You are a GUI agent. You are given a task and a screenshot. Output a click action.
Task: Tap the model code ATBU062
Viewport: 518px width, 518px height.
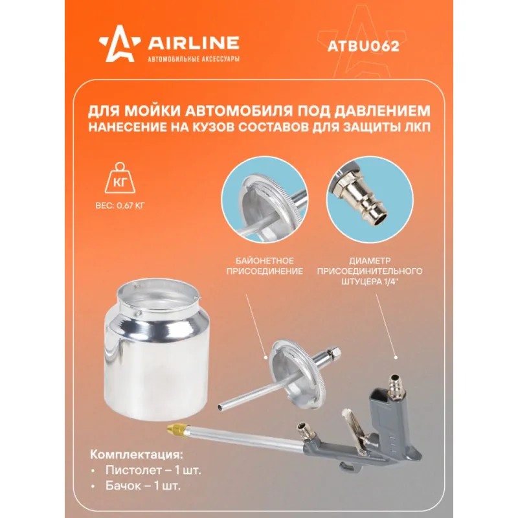363,46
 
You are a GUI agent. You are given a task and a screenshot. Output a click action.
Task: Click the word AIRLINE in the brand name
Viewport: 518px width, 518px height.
193,43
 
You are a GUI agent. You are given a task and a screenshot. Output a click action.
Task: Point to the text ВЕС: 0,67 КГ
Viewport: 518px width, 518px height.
120,205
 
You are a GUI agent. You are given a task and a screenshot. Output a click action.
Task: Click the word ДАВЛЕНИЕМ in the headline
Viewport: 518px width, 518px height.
382,111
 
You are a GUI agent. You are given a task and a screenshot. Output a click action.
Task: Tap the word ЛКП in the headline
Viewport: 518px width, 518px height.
418,127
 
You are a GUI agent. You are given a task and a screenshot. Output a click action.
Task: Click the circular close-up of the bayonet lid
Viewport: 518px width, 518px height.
265,199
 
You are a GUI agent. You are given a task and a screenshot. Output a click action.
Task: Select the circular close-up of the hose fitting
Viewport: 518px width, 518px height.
370,199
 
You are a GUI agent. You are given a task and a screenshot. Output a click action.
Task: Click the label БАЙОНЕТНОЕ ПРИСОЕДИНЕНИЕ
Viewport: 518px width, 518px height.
265,266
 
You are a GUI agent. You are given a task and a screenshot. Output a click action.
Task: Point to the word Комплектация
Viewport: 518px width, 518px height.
137,455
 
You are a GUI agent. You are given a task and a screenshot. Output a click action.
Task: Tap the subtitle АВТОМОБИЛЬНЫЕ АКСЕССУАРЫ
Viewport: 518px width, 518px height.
194,59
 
